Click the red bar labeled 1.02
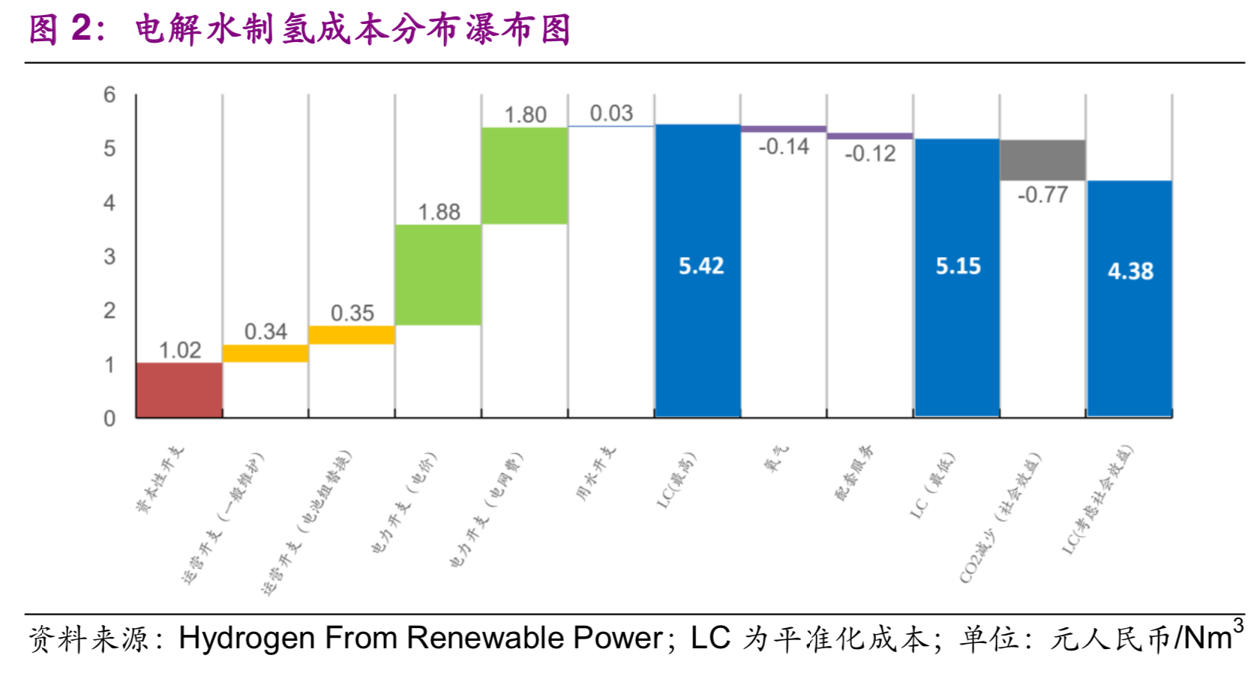point(179,390)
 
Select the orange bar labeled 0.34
point(265,353)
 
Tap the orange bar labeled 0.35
point(352,334)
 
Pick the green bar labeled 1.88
point(438,274)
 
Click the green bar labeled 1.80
point(525,175)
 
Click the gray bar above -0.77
point(1042,160)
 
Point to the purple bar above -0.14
point(784,129)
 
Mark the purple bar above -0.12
point(870,136)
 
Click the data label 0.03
point(611,113)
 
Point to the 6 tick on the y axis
point(109,94)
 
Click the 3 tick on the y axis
point(109,256)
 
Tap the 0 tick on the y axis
point(109,418)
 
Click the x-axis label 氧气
point(777,458)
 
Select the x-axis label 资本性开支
point(160,480)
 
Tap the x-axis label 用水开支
point(596,473)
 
